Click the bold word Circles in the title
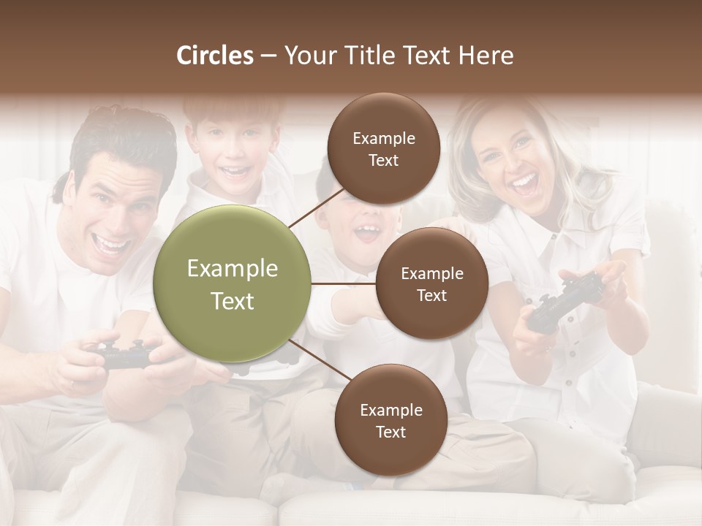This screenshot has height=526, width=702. coord(215,56)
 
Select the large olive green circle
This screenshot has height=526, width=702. coord(233,283)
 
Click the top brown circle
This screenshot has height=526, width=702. coord(383,148)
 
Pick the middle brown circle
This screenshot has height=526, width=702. coord(431,283)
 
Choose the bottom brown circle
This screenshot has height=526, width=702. coord(390,420)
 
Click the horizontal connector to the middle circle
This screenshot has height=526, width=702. coord(344,283)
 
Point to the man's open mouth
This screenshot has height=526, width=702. coord(112,244)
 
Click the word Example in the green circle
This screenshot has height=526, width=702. coord(233,269)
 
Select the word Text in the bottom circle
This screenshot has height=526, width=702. coord(390,432)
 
